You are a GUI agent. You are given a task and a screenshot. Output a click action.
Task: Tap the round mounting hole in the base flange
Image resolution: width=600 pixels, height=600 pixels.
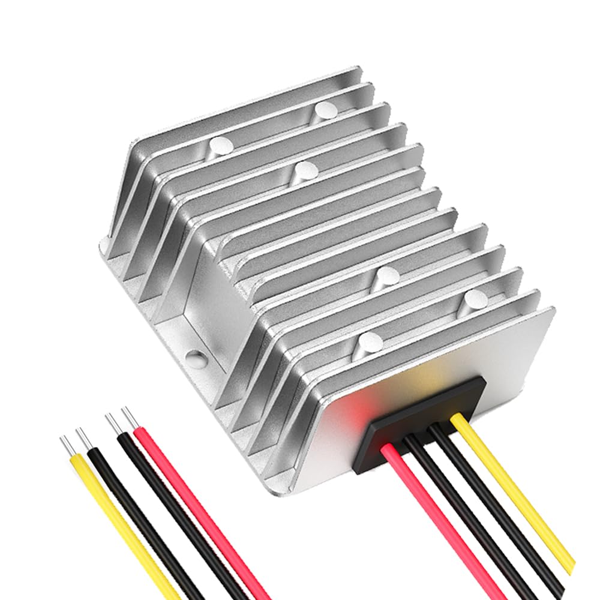point(196,359)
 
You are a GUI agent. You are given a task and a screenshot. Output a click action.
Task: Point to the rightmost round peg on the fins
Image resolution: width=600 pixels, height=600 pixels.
point(476,298)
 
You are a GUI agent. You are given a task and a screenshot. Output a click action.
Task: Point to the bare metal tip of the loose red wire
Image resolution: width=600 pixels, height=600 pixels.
point(128,417)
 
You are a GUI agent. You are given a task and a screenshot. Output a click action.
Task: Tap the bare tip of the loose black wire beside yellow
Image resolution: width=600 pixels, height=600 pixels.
point(82,438)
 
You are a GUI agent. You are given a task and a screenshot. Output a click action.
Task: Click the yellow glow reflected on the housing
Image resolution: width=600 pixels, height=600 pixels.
point(444,366)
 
